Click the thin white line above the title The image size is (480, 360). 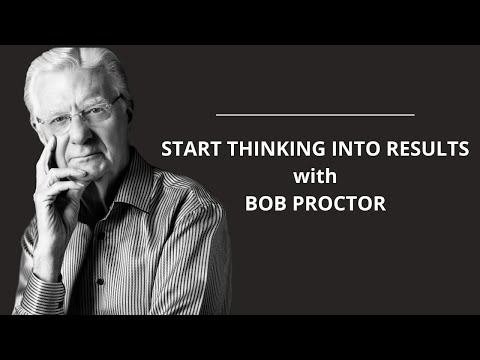click(314, 116)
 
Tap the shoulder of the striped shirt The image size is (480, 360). click(190, 215)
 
